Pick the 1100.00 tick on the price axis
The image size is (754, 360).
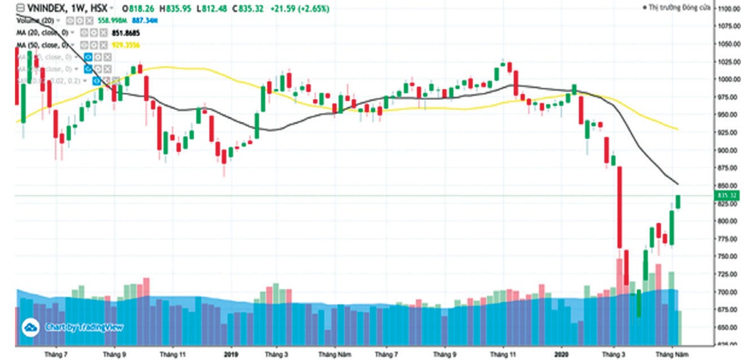click(x=730, y=9)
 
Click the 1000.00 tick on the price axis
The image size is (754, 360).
click(x=730, y=80)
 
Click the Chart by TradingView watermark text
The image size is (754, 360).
click(x=84, y=327)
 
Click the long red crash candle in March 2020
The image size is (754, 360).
click(x=619, y=207)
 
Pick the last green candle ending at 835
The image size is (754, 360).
click(x=679, y=202)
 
